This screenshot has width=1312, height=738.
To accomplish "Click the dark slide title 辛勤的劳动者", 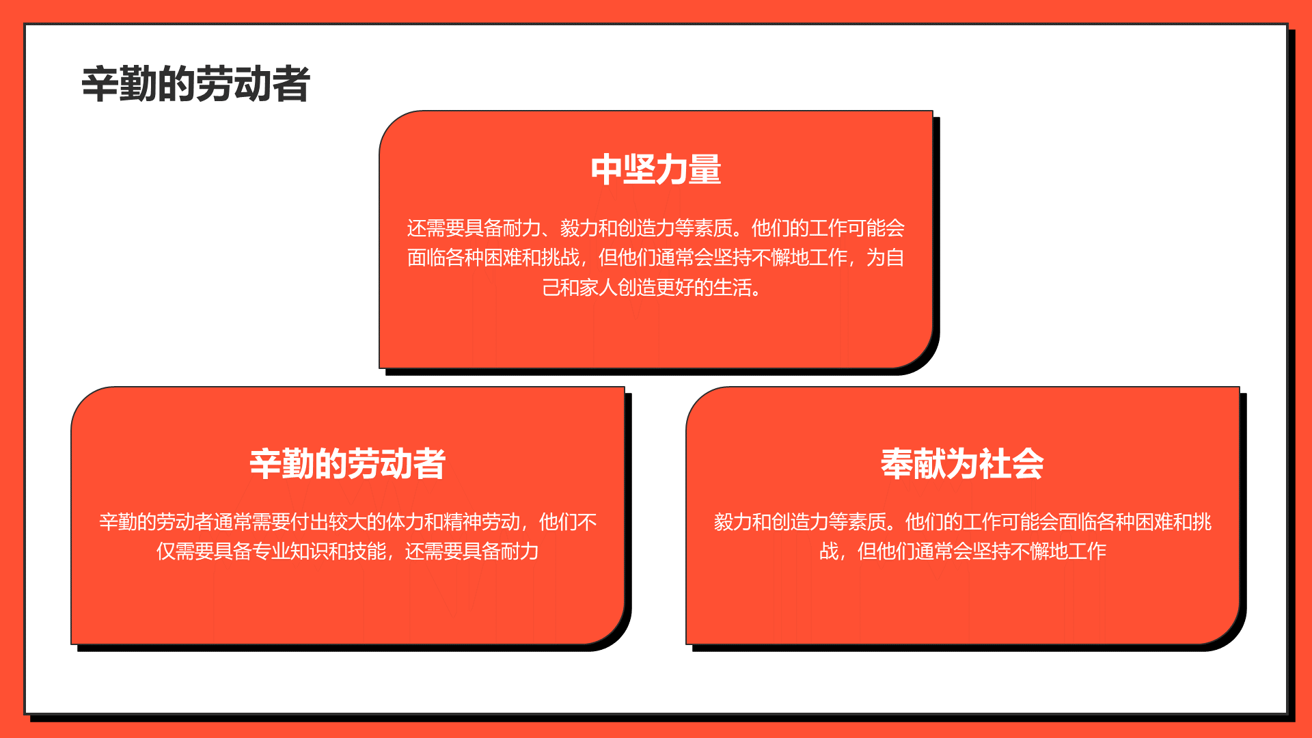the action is tap(196, 85).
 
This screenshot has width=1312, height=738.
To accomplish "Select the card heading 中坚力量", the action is tap(656, 169).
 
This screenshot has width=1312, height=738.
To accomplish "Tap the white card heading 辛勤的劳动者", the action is tap(348, 464).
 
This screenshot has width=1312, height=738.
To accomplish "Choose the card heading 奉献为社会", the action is tap(962, 464).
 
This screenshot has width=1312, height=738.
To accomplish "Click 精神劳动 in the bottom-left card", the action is tap(482, 522).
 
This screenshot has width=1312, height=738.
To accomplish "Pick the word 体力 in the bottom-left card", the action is tap(405, 522).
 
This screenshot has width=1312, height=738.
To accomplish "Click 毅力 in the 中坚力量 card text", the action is tap(579, 228).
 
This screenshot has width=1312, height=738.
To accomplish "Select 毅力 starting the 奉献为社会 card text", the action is tap(733, 522).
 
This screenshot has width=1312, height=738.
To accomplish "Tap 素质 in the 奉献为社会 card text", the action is tap(866, 522).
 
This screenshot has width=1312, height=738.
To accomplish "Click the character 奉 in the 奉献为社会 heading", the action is tap(897, 464).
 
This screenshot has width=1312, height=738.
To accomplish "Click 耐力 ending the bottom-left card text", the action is tap(520, 551).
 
